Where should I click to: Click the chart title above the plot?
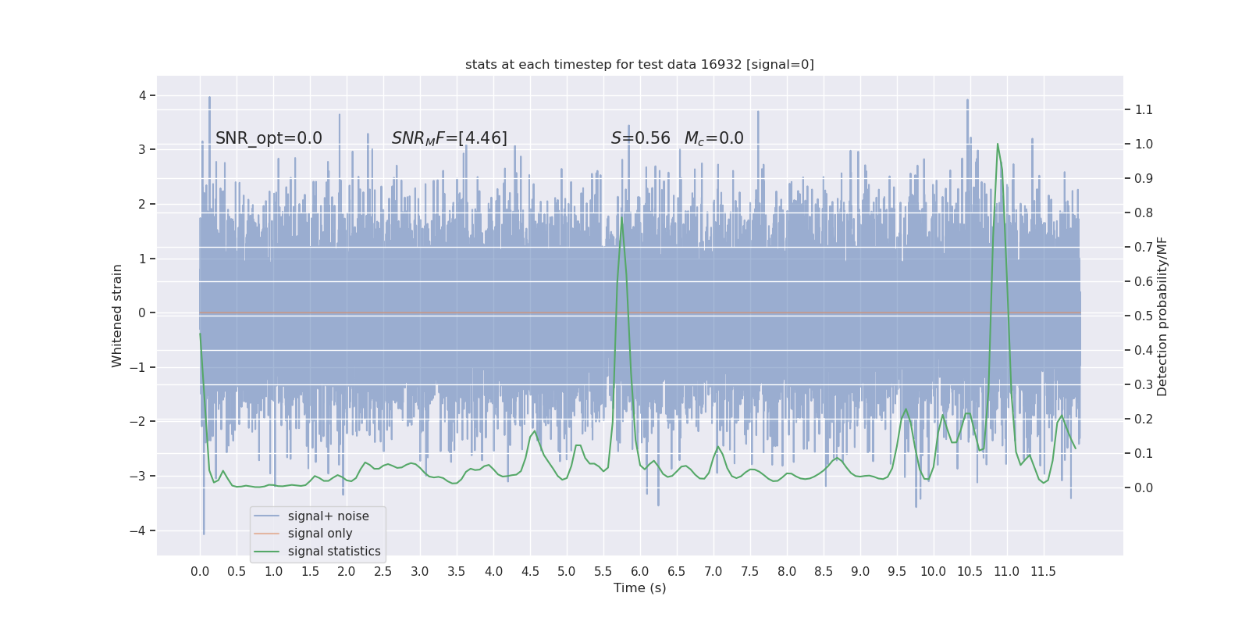(x=639, y=65)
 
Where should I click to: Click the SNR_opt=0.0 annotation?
(x=269, y=138)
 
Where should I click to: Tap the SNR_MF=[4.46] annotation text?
(x=449, y=138)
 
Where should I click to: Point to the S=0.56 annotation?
(x=640, y=138)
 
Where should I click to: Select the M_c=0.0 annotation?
(x=713, y=138)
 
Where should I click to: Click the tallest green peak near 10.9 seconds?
(x=997, y=145)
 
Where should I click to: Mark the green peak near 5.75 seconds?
(x=622, y=219)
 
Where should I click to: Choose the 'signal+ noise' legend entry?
(x=328, y=516)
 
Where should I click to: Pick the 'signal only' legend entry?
(x=320, y=534)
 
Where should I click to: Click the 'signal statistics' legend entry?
(x=334, y=552)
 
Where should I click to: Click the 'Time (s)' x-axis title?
(x=639, y=588)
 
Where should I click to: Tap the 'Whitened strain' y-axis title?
(x=117, y=316)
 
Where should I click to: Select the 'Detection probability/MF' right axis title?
(x=1162, y=316)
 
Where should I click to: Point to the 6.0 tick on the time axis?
(x=639, y=572)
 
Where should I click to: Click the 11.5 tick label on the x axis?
(x=1043, y=572)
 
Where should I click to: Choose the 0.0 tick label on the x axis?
(x=200, y=572)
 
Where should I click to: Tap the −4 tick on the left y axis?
(x=141, y=530)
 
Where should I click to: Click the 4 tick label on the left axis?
(x=143, y=95)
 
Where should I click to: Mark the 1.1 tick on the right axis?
(x=1144, y=109)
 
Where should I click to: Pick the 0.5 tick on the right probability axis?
(x=1144, y=316)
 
